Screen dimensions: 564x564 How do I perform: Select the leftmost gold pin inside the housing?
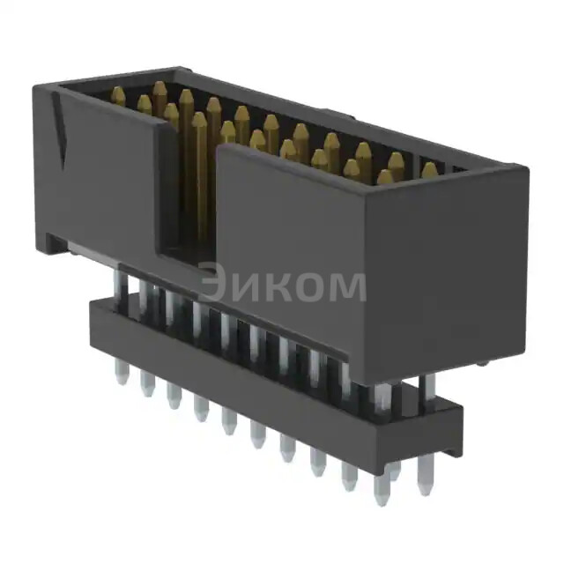tap(118, 97)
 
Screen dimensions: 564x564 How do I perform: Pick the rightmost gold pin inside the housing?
tap(429, 170)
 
